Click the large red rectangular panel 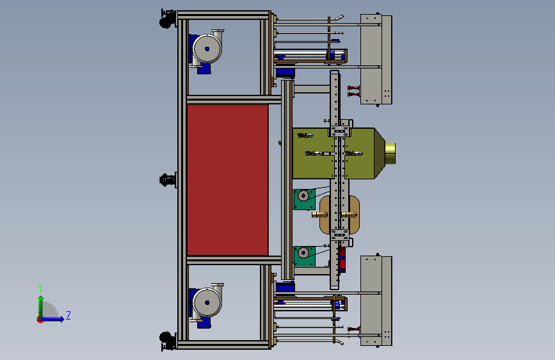point(227,179)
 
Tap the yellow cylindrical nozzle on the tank point(390,154)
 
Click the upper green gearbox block point(304,199)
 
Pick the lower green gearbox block point(305,256)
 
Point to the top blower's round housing point(207,49)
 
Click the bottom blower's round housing point(207,302)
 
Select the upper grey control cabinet point(376,60)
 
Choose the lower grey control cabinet point(376,301)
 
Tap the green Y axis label point(40,288)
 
